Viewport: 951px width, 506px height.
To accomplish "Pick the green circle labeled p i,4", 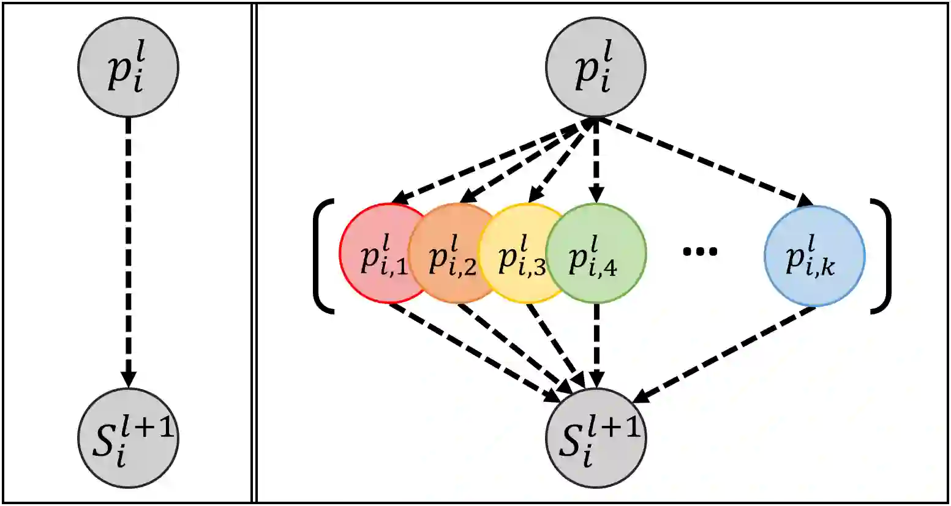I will pos(596,253).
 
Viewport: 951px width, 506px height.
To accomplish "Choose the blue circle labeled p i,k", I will pos(814,255).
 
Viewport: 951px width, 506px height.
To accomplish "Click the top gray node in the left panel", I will pos(128,67).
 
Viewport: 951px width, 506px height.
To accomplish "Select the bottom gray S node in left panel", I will pos(128,438).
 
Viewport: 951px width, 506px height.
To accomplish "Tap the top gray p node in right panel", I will pos(596,67).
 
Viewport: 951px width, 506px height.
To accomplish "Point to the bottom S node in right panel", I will pos(596,438).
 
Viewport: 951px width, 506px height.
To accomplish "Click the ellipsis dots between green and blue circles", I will pos(699,251).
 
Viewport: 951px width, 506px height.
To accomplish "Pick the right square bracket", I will pos(882,256).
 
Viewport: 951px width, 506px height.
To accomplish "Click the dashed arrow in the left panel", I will pos(128,251).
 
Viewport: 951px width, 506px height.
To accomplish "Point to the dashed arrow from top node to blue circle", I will pos(704,160).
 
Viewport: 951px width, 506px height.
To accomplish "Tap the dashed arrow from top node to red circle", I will pos(490,160).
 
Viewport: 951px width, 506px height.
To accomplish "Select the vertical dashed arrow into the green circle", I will pos(596,160).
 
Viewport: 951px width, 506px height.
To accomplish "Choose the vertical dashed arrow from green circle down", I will pos(596,346).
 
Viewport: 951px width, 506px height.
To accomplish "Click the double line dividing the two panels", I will pos(254,253).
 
